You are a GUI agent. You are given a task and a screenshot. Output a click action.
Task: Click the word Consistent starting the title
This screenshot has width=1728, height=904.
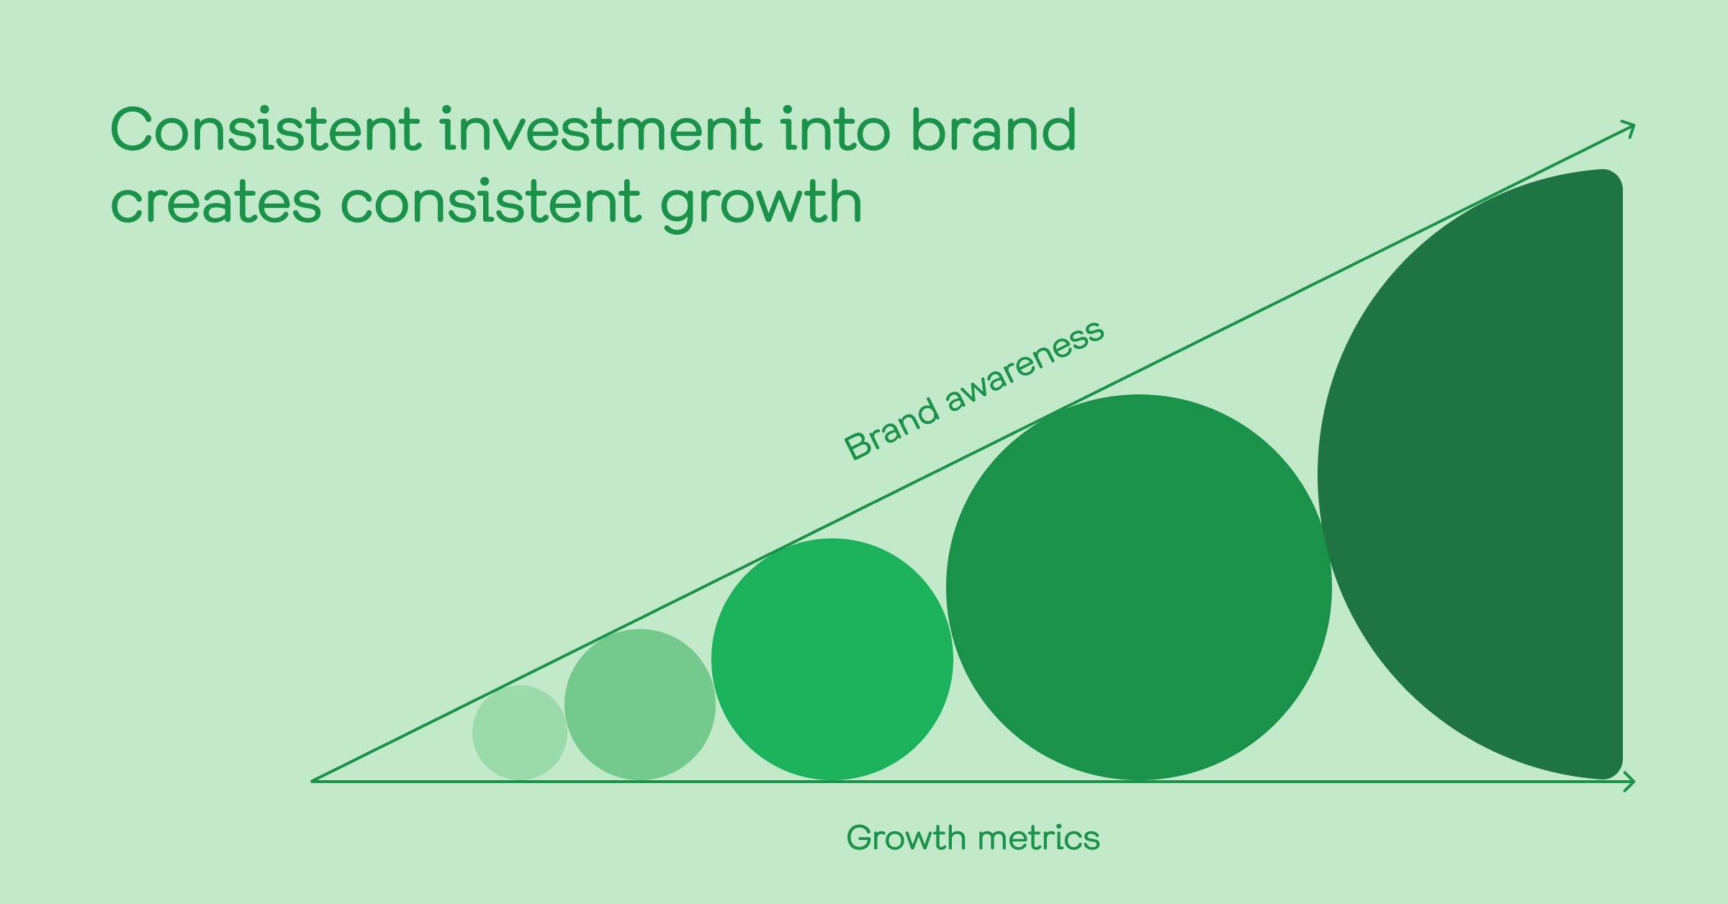tap(265, 129)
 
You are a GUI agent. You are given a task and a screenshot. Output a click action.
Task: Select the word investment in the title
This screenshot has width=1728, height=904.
tap(601, 129)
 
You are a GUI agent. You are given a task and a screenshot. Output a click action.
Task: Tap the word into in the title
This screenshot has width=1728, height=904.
tap(837, 129)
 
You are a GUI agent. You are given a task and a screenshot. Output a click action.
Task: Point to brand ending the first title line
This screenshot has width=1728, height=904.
tap(994, 129)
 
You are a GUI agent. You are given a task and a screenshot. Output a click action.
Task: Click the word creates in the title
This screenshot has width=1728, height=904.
tap(215, 202)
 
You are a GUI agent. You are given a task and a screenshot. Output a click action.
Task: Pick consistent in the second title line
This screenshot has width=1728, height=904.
tap(491, 201)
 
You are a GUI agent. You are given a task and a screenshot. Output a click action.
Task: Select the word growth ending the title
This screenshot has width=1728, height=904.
tap(761, 204)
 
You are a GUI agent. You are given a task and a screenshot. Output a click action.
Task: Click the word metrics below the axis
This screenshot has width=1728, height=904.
tap(1038, 838)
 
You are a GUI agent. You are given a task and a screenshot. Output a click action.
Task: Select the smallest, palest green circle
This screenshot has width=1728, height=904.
tap(520, 733)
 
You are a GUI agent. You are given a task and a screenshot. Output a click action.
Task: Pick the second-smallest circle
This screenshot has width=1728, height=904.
tap(640, 705)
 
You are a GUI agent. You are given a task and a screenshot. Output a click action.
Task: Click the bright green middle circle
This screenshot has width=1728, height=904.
tap(832, 659)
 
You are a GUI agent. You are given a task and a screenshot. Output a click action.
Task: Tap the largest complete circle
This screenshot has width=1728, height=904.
tap(1139, 587)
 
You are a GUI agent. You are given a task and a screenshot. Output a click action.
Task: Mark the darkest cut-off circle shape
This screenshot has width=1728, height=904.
tap(1476, 475)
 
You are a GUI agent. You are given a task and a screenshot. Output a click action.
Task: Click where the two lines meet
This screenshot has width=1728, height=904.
tap(312, 781)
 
